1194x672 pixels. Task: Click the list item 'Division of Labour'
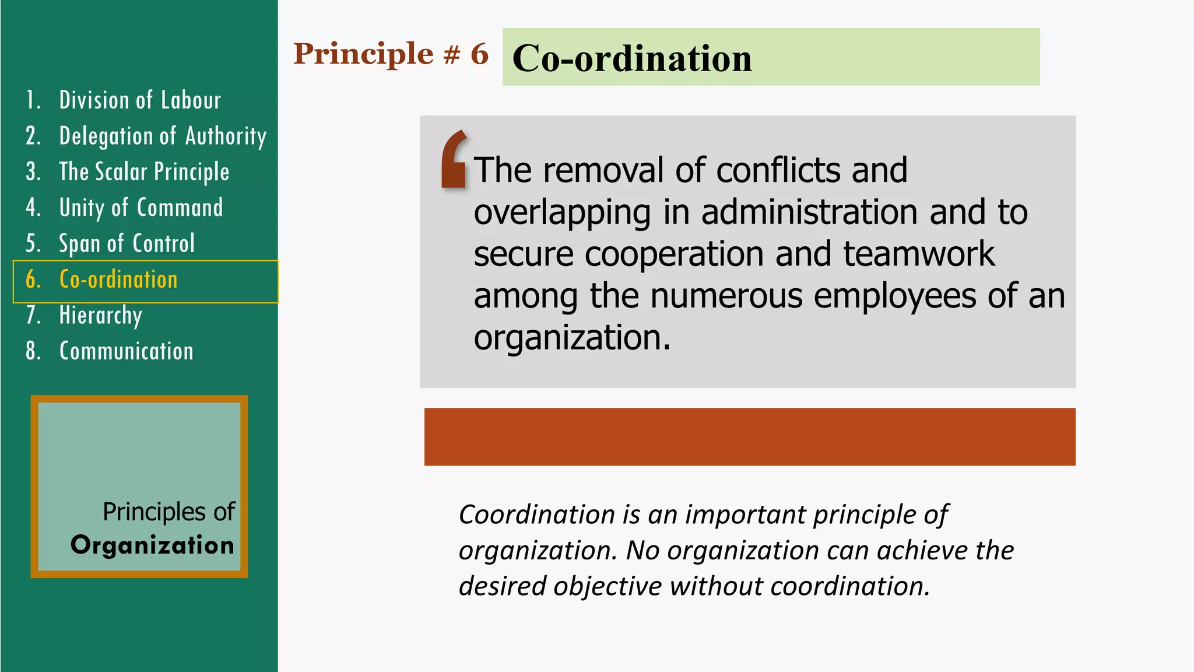tap(140, 100)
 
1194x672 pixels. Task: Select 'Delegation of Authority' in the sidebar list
tap(163, 136)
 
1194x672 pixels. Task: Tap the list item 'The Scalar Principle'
tap(144, 172)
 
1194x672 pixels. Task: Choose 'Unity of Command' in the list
tap(141, 208)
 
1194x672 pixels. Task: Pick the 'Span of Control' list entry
tap(127, 244)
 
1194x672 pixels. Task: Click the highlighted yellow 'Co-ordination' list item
tap(118, 280)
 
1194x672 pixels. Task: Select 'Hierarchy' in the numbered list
tap(100, 316)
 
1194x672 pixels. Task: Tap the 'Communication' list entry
tap(126, 351)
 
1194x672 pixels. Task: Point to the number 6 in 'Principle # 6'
tap(479, 54)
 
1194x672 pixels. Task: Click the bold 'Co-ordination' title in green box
tap(632, 58)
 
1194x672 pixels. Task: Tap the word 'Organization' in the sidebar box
tap(152, 545)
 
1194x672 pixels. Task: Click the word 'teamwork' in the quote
tap(919, 254)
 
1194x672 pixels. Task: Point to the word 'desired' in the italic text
tap(502, 586)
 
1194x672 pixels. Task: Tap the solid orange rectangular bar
tap(749, 436)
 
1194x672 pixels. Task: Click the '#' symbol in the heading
tap(451, 54)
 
